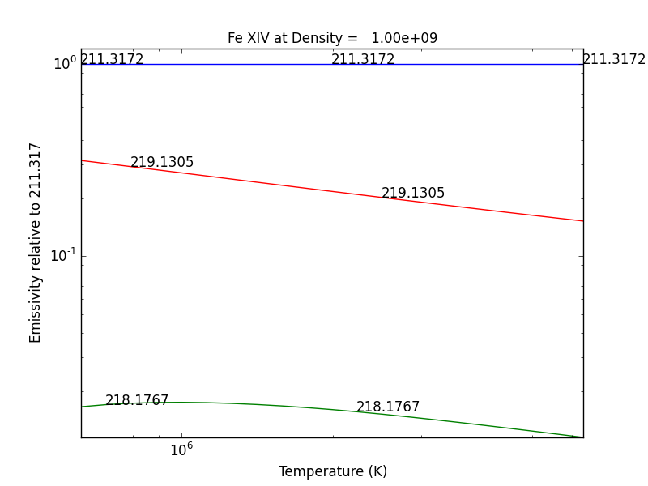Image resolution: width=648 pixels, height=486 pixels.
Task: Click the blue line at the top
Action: point(243,64)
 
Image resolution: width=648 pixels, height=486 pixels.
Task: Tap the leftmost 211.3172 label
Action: point(112,59)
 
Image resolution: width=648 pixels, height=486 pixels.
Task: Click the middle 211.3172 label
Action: point(363,59)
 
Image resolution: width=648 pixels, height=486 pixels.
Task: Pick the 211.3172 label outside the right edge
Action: point(614,59)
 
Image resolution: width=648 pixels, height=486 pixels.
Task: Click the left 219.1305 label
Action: point(162,162)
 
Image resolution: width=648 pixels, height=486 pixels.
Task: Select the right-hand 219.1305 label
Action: point(413,193)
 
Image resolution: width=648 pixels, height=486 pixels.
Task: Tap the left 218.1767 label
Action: point(137,400)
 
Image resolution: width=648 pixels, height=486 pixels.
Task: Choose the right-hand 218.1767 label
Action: point(388,407)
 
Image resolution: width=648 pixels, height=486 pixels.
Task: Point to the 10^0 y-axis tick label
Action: point(65,63)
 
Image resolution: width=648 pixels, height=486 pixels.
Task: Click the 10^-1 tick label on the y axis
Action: point(63,256)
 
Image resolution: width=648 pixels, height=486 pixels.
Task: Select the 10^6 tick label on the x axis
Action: point(181,450)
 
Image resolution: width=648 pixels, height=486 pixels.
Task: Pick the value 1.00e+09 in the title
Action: point(404,38)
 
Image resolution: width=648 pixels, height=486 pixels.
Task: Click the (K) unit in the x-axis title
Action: point(377,471)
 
